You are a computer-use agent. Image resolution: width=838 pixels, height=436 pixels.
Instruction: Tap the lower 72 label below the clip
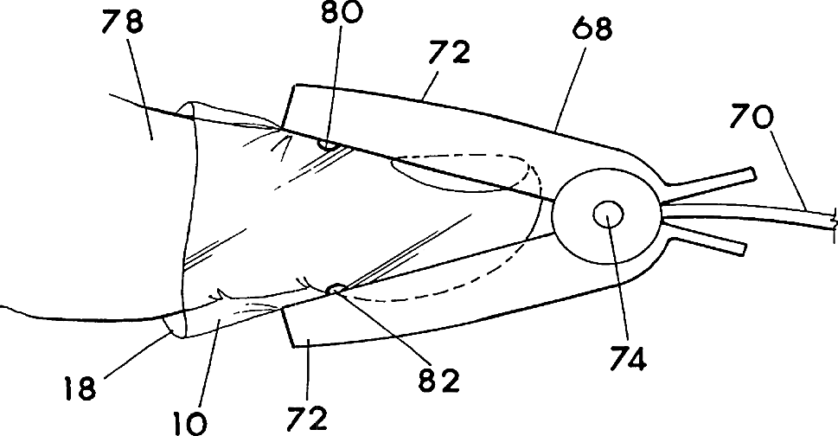[310, 418]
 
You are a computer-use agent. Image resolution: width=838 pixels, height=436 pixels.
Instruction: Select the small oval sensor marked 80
[327, 144]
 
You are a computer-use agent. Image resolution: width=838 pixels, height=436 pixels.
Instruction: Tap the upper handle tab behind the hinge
[717, 180]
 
